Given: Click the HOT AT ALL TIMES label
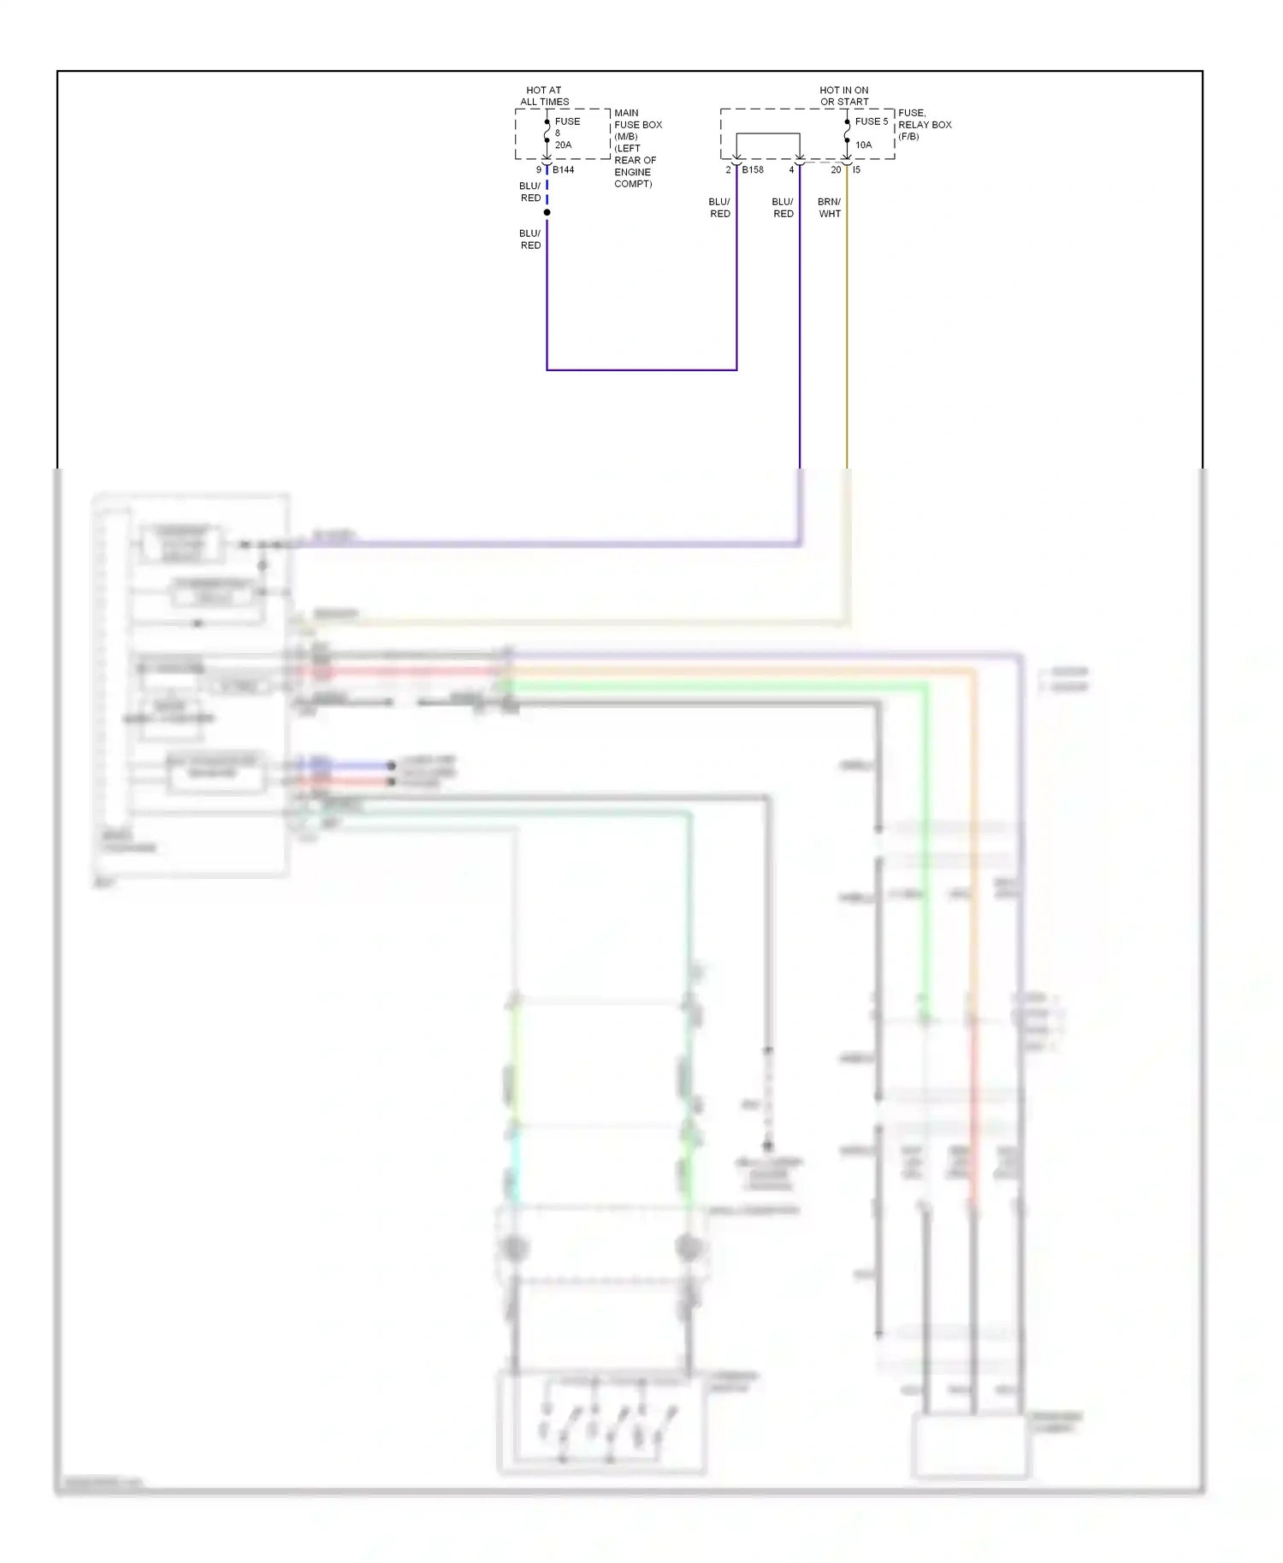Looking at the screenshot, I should pyautogui.click(x=544, y=96).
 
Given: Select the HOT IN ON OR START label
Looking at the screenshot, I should pyautogui.click(x=843, y=96).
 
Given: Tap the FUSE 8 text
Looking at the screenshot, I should pyautogui.click(x=567, y=127).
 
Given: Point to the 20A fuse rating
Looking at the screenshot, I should pyautogui.click(x=563, y=145).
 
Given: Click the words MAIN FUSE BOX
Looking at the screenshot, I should pyautogui.click(x=637, y=119).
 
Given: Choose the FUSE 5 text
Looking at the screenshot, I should pyautogui.click(x=872, y=121).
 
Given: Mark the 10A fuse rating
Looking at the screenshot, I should pyautogui.click(x=864, y=145).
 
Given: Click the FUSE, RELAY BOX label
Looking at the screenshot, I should pyautogui.click(x=924, y=119).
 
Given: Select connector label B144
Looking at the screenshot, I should pyautogui.click(x=564, y=170).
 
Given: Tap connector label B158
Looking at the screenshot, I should pyautogui.click(x=753, y=170).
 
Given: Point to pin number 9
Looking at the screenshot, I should pyautogui.click(x=539, y=170).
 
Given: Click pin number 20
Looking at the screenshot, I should pyautogui.click(x=836, y=170).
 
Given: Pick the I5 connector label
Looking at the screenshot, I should pyautogui.click(x=856, y=170).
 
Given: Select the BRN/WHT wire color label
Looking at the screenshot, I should pyautogui.click(x=830, y=208).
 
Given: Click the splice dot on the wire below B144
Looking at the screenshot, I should pyautogui.click(x=547, y=212).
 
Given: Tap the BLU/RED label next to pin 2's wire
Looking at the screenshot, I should pyautogui.click(x=719, y=208).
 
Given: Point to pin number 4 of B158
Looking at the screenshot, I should pyautogui.click(x=791, y=170).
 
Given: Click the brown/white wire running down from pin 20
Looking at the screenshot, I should pyautogui.click(x=847, y=342).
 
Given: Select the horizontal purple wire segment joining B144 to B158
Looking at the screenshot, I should pyautogui.click(x=641, y=370).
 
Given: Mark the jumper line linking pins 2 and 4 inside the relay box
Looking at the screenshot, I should pyautogui.click(x=768, y=134).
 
